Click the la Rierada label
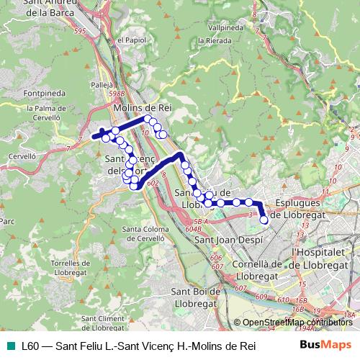click(x=219, y=60)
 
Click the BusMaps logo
click(x=325, y=346)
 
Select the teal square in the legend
click(x=10, y=346)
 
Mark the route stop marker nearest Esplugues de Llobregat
click(x=264, y=220)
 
